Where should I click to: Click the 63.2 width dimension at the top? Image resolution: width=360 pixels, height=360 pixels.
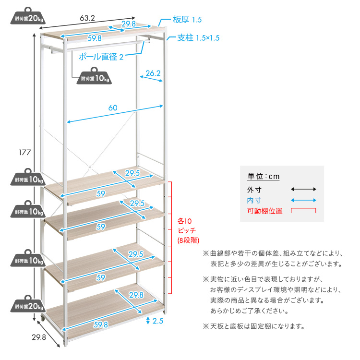pyautogui.click(x=87, y=18)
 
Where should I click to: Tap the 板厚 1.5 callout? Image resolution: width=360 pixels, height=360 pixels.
pyautogui.click(x=187, y=20)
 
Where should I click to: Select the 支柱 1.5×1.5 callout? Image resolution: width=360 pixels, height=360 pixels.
pyautogui.click(x=198, y=38)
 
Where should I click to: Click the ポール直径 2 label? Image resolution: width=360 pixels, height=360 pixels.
pyautogui.click(x=100, y=56)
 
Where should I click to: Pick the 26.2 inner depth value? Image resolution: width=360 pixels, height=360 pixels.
pyautogui.click(x=153, y=73)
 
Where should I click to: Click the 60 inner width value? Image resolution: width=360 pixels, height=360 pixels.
pyautogui.click(x=113, y=108)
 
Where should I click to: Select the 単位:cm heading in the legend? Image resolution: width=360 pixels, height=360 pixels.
pyautogui.click(x=263, y=176)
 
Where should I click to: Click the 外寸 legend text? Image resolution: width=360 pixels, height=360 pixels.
pyautogui.click(x=253, y=189)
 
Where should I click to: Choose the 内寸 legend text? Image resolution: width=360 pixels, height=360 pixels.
pyautogui.click(x=253, y=200)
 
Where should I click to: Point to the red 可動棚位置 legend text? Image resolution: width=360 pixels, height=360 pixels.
pyautogui.click(x=264, y=211)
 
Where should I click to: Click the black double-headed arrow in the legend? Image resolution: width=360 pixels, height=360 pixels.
pyautogui.click(x=303, y=189)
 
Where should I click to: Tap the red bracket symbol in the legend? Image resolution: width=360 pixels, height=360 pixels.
pyautogui.click(x=303, y=211)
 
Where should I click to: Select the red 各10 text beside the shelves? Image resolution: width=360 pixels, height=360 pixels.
pyautogui.click(x=184, y=221)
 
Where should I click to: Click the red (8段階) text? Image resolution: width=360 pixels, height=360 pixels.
pyautogui.click(x=188, y=240)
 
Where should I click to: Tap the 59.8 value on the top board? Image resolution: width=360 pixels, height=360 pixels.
pyautogui.click(x=94, y=39)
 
